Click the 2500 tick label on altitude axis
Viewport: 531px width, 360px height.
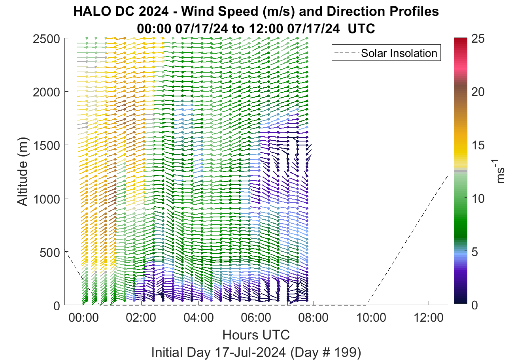tap(47, 39)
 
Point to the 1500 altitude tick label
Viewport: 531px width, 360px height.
tap(47, 145)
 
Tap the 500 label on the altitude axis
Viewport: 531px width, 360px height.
tap(50, 253)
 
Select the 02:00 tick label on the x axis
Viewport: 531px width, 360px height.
tap(141, 318)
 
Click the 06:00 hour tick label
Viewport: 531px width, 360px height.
tap(256, 318)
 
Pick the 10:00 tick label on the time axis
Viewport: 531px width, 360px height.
tap(371, 318)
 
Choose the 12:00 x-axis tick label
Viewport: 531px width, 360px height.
tap(429, 318)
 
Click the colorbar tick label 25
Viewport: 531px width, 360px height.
tap(478, 39)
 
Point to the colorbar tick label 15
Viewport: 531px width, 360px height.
tap(478, 145)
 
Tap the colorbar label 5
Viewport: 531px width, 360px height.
tap(474, 252)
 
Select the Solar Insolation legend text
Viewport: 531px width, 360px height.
tap(399, 53)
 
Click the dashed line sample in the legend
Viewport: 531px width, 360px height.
tap(347, 53)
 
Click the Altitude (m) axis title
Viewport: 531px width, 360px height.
tap(23, 172)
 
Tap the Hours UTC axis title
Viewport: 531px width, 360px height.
tap(256, 335)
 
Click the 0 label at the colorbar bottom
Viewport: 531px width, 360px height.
tap(474, 305)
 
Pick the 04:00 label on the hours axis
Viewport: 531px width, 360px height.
tap(198, 318)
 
